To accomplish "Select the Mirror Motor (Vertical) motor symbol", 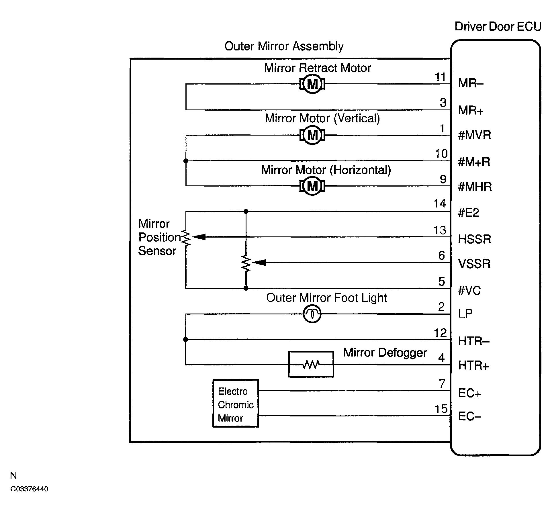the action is click(312, 135).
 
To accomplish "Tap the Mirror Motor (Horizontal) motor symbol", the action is click(312, 186).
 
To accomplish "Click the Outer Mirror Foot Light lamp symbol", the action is click(312, 314).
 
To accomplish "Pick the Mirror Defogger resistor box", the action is click(311, 364).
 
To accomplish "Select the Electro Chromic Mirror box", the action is click(236, 404).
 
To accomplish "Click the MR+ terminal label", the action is click(471, 110).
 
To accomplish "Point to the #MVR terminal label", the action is click(475, 135).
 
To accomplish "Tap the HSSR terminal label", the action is click(475, 239).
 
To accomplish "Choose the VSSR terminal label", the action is click(474, 264).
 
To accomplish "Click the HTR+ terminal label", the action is click(473, 365).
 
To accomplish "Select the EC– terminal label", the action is click(470, 416).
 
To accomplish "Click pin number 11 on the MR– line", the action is click(441, 77).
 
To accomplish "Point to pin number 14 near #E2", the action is click(440, 203).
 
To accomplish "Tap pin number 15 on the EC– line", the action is click(441, 409).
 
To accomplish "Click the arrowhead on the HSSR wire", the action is click(199, 237).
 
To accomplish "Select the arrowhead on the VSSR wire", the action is click(259, 262).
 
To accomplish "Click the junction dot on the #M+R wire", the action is click(186, 161).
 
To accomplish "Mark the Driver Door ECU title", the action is click(498, 26).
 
